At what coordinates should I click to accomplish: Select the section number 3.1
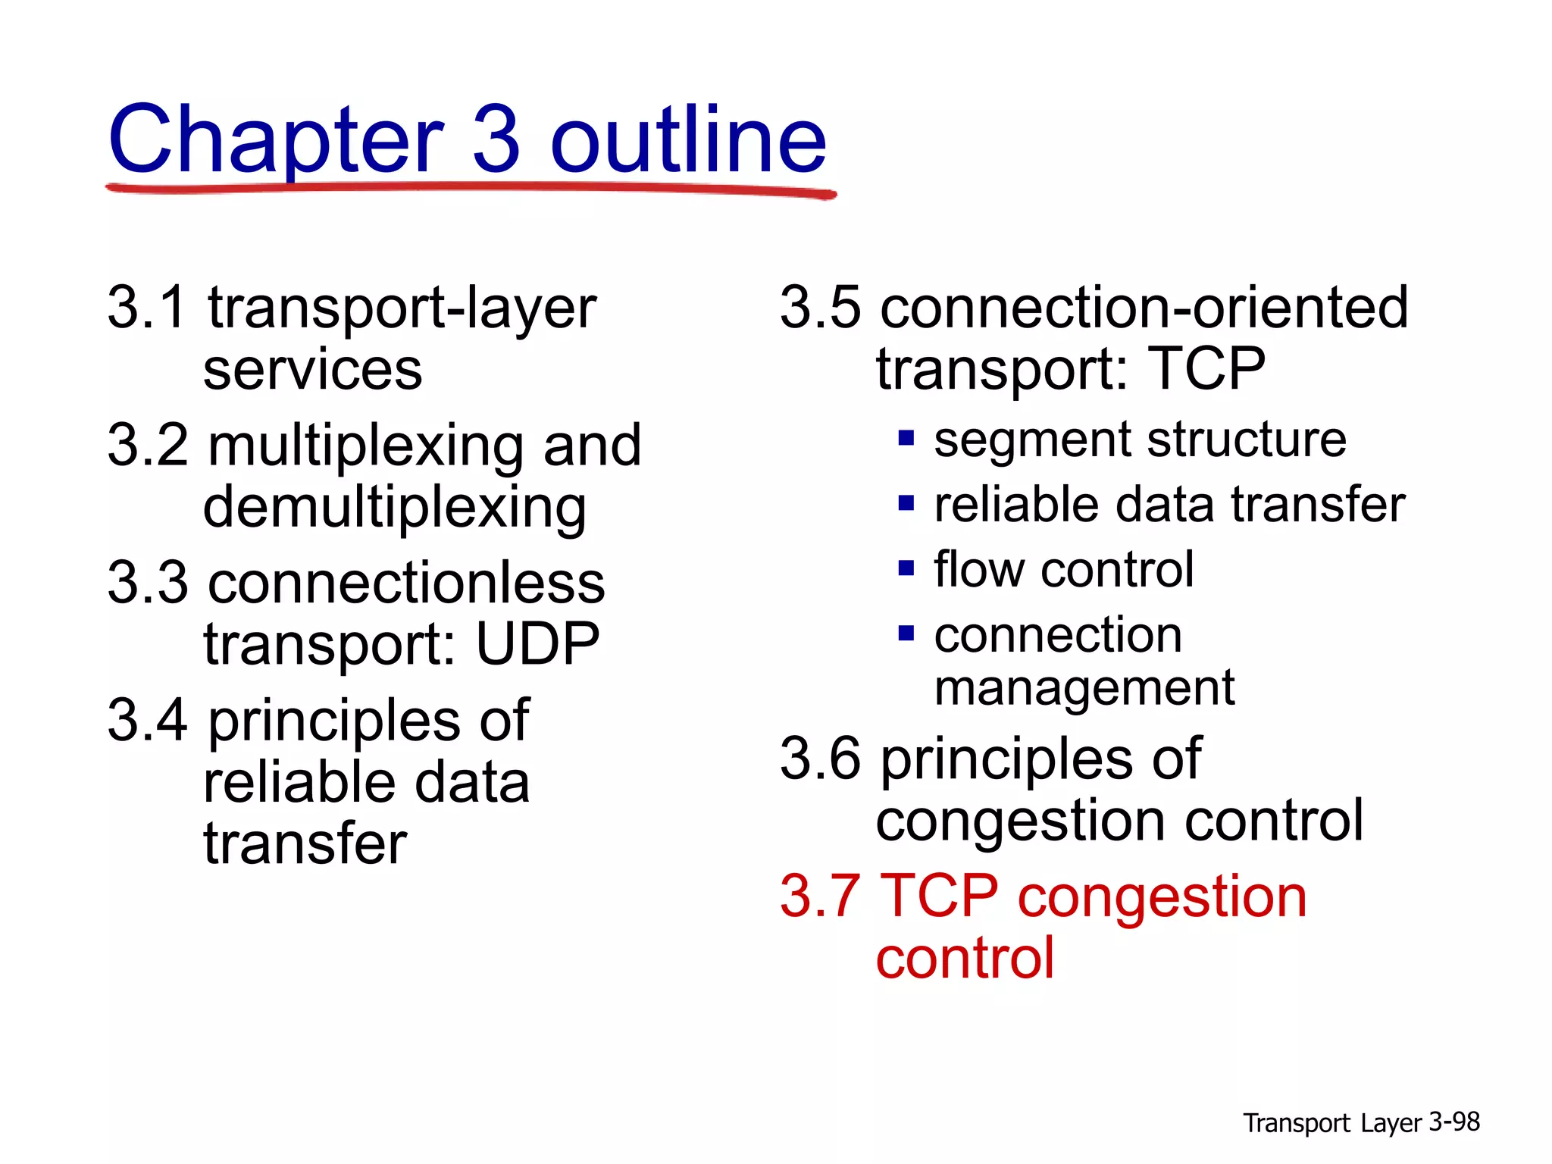tap(146, 308)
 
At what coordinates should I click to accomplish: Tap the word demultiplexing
tap(395, 508)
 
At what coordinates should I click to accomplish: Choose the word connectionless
tap(407, 584)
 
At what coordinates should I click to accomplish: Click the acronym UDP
tap(537, 645)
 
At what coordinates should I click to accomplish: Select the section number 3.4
tap(146, 721)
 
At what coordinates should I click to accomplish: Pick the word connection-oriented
tap(1144, 308)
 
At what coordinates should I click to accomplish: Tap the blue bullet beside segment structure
tap(906, 438)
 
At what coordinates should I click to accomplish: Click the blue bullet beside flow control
tap(906, 568)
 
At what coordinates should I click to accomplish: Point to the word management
tap(1084, 688)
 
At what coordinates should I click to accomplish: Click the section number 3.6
tap(820, 759)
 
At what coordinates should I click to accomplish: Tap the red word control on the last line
tap(965, 959)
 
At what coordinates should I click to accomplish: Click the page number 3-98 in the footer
tap(1453, 1122)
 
